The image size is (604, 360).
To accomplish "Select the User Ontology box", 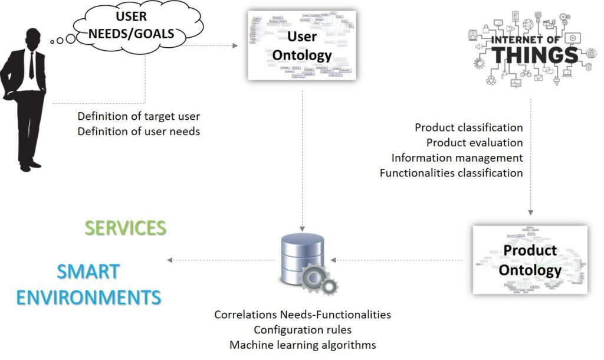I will point(301,45).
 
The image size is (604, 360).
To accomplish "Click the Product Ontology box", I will point(530,260).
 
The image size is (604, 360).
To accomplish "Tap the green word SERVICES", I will point(125,228).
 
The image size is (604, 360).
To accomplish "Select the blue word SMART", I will point(88,272).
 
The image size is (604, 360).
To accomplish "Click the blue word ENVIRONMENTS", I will point(88,297).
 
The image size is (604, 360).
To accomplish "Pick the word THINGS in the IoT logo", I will point(535,55).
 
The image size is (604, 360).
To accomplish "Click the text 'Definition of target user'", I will point(139,116).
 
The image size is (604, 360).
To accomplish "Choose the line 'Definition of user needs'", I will point(139,131).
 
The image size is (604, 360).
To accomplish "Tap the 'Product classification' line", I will point(468,127).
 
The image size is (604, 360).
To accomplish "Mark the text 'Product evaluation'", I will point(474,143).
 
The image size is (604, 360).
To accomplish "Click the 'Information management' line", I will point(457,158).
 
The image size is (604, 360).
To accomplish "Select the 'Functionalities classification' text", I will point(451,173).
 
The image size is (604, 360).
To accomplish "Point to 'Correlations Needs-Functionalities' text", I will point(302,315).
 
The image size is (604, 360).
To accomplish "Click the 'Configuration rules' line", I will point(302,329).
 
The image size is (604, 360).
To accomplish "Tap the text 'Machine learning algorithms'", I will point(302,345).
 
